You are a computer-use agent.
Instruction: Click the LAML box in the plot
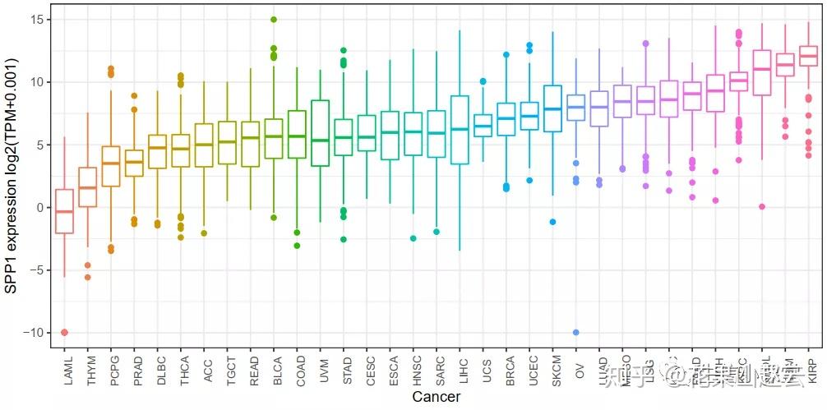coord(64,211)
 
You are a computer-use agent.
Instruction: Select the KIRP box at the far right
coord(809,57)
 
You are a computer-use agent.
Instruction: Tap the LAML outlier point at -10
coord(64,332)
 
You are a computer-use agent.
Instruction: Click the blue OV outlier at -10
coord(576,332)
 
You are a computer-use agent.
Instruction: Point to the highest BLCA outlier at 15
coord(274,20)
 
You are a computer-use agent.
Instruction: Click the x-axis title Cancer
coord(437,397)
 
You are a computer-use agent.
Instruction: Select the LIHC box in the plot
coord(460,130)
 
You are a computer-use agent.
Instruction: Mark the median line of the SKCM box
coord(553,108)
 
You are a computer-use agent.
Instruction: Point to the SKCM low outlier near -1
coord(553,222)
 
